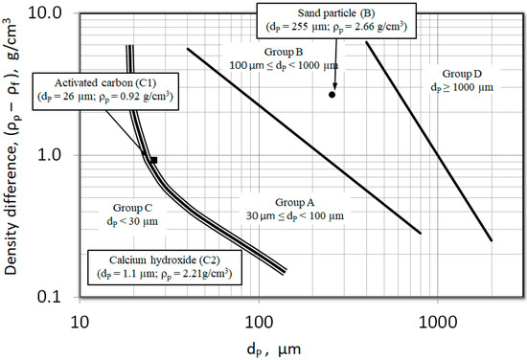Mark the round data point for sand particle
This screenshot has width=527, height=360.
pyautogui.click(x=332, y=94)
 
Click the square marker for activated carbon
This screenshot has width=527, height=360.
pyautogui.click(x=152, y=160)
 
